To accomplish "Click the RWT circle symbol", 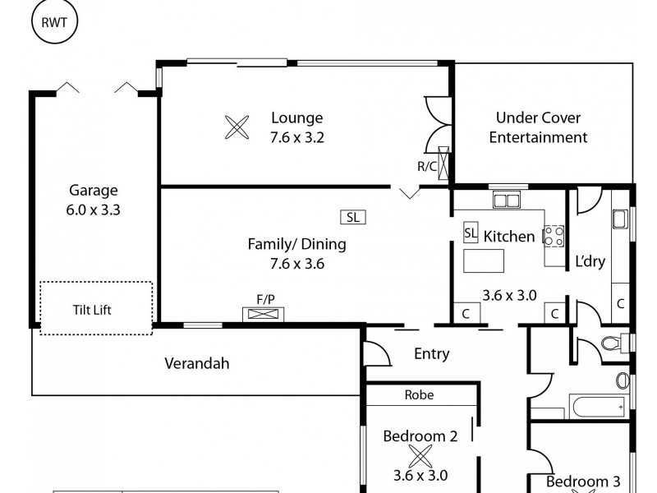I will pos(54,21).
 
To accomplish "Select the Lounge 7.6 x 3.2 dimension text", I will pos(296,137).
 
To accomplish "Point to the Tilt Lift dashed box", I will pos(96,308).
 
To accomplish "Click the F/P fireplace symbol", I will pos(264,313).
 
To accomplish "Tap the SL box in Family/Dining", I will pos(352,217).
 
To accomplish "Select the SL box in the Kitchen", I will pos(471,233).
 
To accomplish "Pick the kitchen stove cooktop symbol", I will pos(554,237).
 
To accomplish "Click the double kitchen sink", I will pos(506,200).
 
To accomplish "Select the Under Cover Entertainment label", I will pos(538,127).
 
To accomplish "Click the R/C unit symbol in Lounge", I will pos(444,162).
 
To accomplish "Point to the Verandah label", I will pos(196,362).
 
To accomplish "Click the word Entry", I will pos(431,354).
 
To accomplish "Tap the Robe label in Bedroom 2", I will pos(419,394).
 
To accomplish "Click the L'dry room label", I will pos(590,261).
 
